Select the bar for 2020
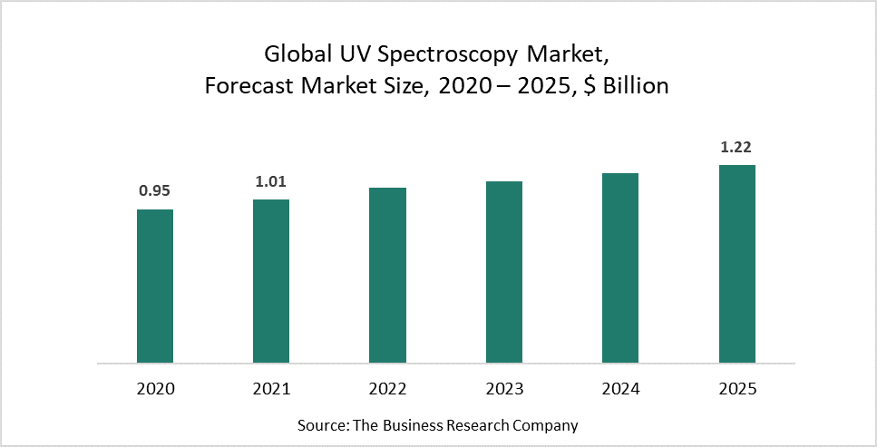pyautogui.click(x=155, y=287)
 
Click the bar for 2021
pyautogui.click(x=271, y=281)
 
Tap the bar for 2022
pyautogui.click(x=387, y=276)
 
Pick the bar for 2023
pyautogui.click(x=504, y=272)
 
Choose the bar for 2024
pyautogui.click(x=620, y=268)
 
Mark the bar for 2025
pyautogui.click(x=736, y=264)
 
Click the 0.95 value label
pyautogui.click(x=155, y=190)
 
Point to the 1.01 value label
pyautogui.click(x=271, y=180)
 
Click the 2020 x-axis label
pyautogui.click(x=155, y=389)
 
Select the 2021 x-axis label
pyautogui.click(x=271, y=389)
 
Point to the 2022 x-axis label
pyautogui.click(x=387, y=389)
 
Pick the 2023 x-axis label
pyautogui.click(x=504, y=389)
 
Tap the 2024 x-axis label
pyautogui.click(x=620, y=389)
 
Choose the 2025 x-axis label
pyautogui.click(x=736, y=389)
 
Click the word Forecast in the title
pyautogui.click(x=245, y=86)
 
